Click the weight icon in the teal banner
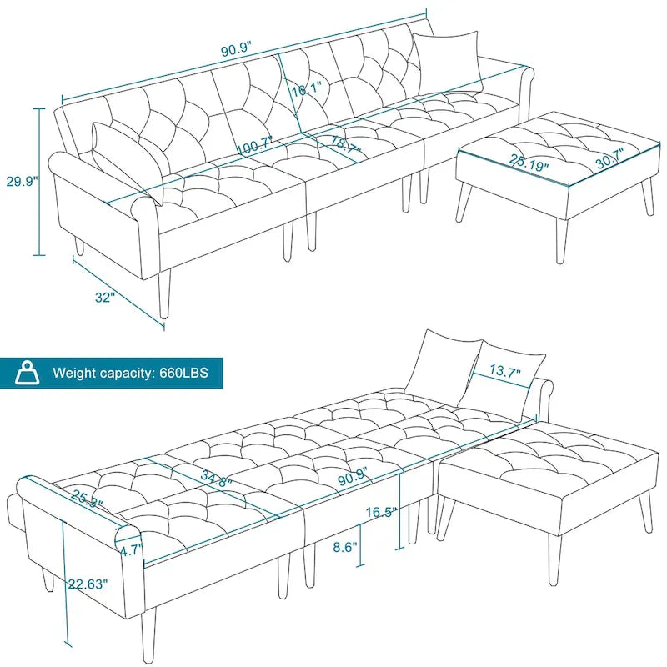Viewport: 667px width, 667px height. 28,372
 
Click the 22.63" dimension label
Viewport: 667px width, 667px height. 88,584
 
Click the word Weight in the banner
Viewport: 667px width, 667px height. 77,373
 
